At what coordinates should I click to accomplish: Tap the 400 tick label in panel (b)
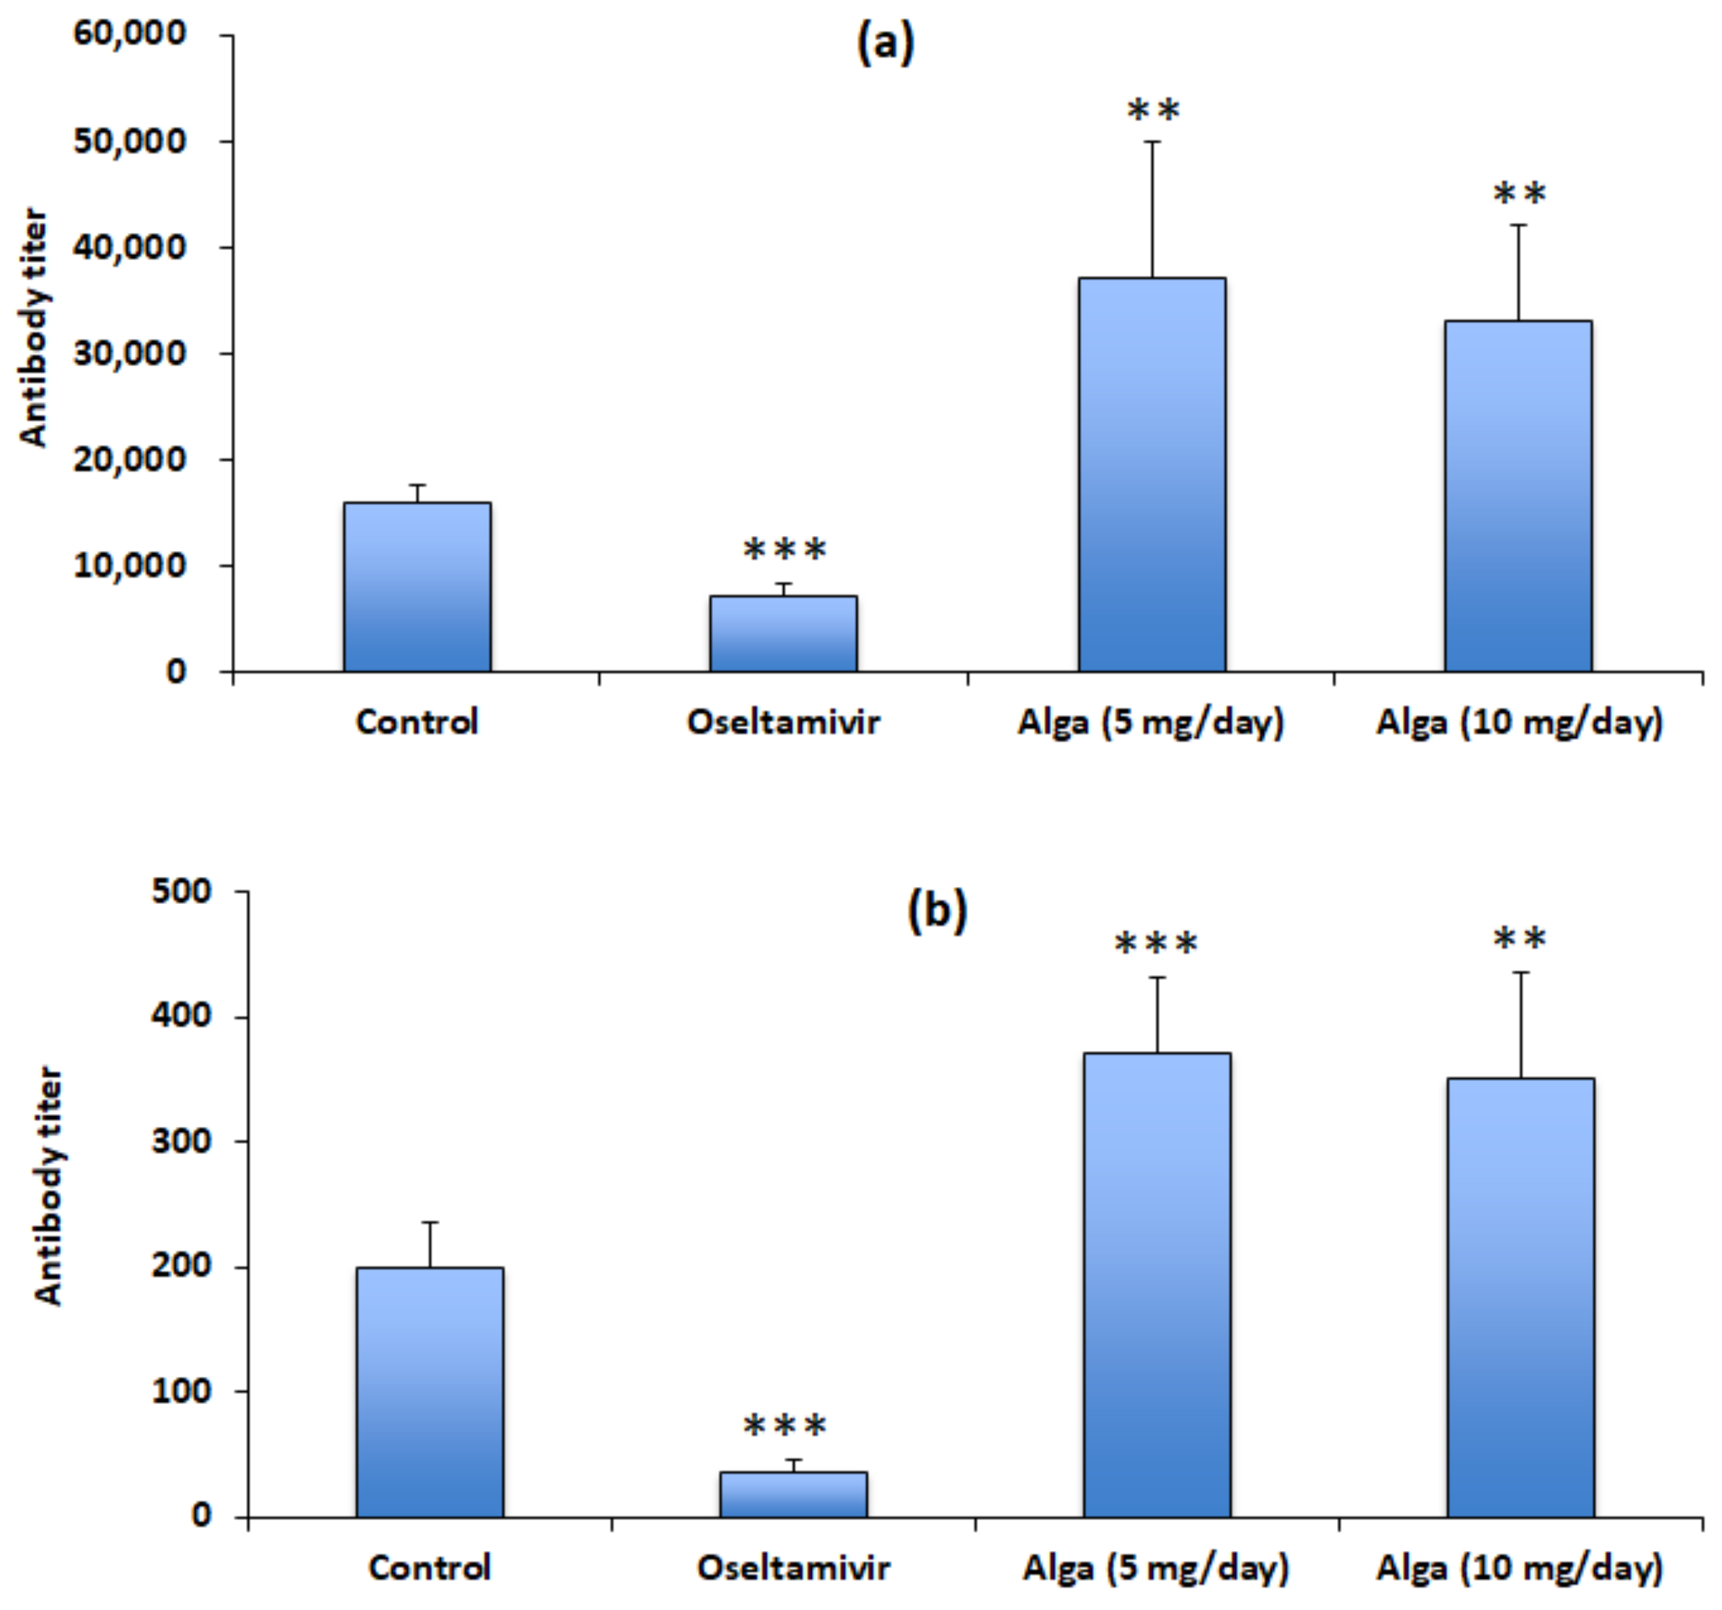point(181,1015)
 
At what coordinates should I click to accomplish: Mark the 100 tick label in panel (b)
point(181,1391)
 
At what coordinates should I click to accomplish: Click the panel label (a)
point(884,43)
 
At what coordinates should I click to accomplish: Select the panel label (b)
point(937,911)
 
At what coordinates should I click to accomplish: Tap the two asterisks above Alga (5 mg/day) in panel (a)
point(1153,111)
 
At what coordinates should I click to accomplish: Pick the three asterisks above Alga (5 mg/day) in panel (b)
point(1156,943)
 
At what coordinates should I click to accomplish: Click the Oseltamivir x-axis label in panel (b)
point(793,1567)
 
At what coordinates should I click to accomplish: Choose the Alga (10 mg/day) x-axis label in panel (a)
point(1519,722)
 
